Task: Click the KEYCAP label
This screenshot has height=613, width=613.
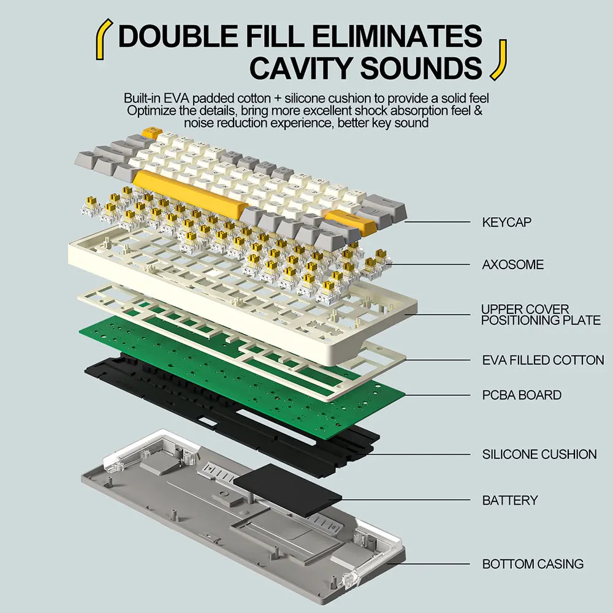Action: (507, 222)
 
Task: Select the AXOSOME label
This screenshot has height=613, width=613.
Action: (512, 265)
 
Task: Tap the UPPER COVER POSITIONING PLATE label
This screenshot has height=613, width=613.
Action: (541, 314)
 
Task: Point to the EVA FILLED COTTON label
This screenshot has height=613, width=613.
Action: (543, 360)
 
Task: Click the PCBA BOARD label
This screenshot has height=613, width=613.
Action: (522, 395)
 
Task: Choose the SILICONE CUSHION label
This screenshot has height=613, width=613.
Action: (539, 454)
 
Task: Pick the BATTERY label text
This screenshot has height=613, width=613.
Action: (510, 500)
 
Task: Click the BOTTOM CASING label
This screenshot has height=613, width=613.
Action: (533, 564)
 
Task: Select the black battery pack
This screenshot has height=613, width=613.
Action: (288, 489)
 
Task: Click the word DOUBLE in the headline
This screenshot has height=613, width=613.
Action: (178, 36)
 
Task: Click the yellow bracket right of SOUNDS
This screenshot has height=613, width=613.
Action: (500, 60)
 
